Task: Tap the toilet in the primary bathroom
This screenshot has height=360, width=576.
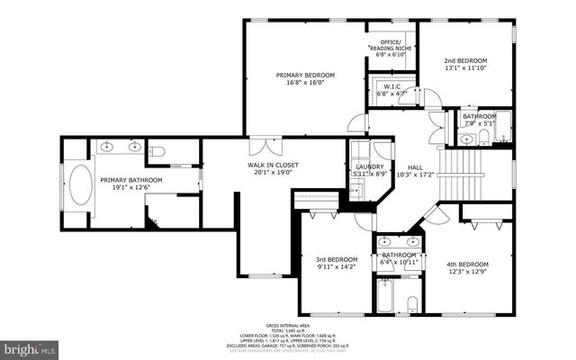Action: tap(156, 152)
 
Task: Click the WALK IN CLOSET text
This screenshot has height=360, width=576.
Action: tap(273, 165)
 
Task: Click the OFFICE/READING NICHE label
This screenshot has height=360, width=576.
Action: tap(390, 43)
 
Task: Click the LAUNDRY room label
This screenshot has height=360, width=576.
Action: tap(369, 166)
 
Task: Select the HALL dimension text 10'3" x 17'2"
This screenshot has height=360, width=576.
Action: tap(415, 175)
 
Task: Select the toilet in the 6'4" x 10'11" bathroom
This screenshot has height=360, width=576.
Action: tap(410, 301)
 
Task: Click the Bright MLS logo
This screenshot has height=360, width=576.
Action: tap(29, 346)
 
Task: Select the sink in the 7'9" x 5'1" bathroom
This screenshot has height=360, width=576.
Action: tap(467, 139)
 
